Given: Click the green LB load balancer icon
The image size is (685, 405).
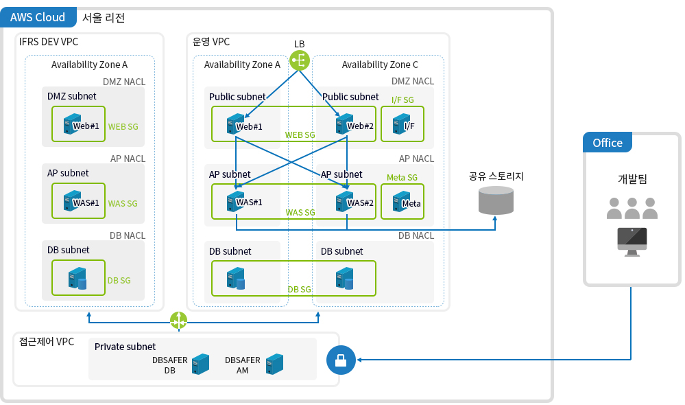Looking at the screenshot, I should point(300,60).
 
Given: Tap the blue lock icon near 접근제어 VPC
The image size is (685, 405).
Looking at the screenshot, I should point(341,359).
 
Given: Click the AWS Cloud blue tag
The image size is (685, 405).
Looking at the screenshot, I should point(38,17).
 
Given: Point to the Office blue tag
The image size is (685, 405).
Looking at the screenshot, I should point(607,143).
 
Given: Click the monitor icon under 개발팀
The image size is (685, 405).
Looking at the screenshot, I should point(632,240).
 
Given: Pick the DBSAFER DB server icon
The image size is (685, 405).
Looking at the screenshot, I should point(200,364).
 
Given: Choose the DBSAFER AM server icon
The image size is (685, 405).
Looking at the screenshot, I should point(274,364).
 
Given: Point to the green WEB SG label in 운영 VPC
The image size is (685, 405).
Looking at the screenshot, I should point(300,135).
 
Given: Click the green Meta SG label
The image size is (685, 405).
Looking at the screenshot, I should point(402,177).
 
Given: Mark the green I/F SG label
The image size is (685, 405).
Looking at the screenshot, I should point(402,100).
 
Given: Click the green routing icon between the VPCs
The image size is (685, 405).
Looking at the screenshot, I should point(178,320).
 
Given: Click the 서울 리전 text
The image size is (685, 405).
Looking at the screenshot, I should point(103,18).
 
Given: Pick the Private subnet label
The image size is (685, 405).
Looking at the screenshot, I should point(125,347).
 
